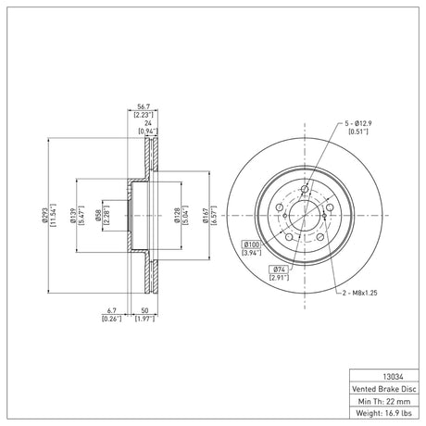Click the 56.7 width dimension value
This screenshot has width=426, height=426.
[144, 106]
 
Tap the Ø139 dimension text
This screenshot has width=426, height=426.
[73, 215]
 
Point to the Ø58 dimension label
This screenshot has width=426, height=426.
[98, 215]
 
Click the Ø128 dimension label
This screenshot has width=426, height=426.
[177, 215]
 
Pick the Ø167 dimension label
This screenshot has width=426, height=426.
[206, 215]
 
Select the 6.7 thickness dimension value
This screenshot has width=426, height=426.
[112, 310]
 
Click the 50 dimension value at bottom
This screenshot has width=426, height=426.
[144, 310]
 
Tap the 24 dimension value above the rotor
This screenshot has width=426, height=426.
[148, 123]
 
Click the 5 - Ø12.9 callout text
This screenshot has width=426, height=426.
[358, 123]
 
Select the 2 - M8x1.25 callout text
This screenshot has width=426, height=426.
[360, 293]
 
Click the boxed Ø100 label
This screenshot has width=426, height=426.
[251, 244]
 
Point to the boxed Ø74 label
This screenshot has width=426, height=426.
[279, 269]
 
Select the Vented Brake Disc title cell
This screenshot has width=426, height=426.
[384, 389]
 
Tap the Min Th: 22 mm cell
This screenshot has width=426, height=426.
[384, 401]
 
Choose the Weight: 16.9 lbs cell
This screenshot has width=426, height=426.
[384, 413]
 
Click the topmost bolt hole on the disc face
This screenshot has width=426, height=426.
[305, 189]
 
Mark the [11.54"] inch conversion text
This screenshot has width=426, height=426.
[53, 215]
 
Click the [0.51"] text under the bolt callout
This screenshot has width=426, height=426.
[358, 132]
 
